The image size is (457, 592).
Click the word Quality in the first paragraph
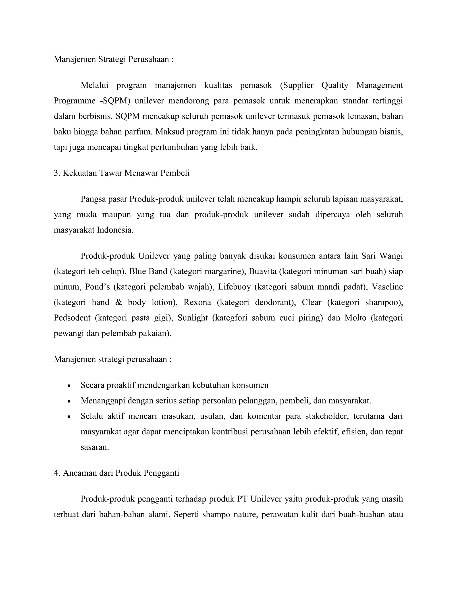coord(335,85)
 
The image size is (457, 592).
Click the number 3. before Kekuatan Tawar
coord(57,173)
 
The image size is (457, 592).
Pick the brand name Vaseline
coord(387,287)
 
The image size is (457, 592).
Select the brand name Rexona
coord(197,302)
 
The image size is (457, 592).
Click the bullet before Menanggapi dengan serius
coord(69,401)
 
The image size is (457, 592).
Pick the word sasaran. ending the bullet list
coord(95,447)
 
